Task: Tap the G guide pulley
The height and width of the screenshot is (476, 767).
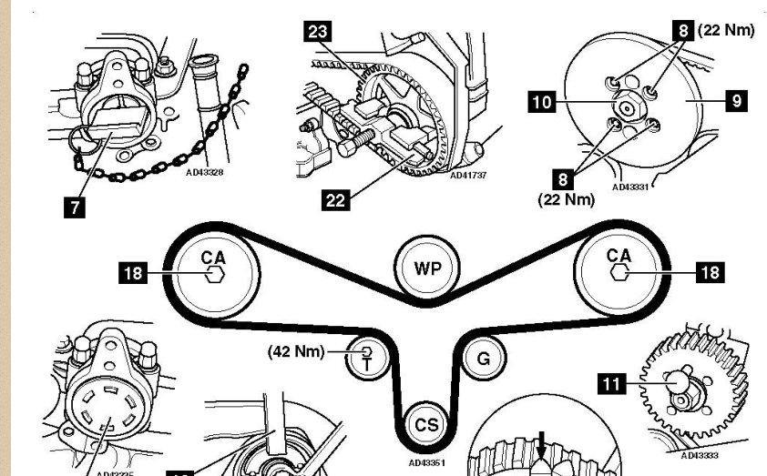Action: coord(483,359)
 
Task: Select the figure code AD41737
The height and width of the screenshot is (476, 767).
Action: coord(469,175)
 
